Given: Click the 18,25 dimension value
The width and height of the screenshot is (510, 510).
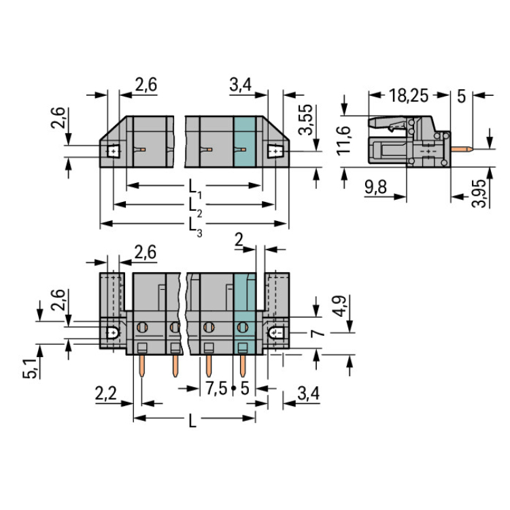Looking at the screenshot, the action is tap(409, 96).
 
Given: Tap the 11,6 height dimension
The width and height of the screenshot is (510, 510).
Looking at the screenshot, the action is tap(344, 140).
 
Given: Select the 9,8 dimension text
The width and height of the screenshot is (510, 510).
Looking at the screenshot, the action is tap(375, 188).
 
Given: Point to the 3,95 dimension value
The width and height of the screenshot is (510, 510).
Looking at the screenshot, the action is tap(479, 193).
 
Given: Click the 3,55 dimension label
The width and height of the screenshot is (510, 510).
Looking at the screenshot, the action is tap(306, 120).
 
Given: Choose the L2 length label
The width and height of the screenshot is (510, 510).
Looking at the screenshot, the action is tap(195, 207).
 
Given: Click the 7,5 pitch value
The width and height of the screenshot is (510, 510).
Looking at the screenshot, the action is tap(216, 389).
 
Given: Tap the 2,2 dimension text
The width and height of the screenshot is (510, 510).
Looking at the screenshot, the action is tap(105, 394).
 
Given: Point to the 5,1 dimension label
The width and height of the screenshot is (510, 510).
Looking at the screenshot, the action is tap(30, 368).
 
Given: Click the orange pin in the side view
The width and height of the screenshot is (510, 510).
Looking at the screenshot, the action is tap(462, 149).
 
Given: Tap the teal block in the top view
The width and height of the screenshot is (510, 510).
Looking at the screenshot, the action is tap(245, 142).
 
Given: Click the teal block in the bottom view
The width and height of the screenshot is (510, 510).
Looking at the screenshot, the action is tap(245, 314).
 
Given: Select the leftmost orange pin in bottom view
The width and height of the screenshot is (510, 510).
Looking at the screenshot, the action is tap(141, 366).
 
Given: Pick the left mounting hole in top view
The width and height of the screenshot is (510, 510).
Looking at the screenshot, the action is tap(113, 151).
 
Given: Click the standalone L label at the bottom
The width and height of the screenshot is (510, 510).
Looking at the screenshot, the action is tap(192, 422).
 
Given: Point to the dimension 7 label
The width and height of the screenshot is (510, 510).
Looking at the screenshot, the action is tap(318, 333).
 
